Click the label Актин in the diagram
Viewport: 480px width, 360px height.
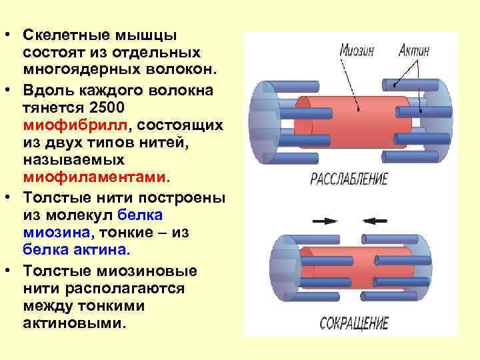(415, 51)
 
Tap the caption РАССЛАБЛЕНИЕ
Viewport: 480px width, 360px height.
(349, 179)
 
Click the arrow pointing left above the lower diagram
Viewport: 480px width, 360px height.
(374, 220)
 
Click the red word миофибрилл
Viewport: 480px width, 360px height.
(79, 125)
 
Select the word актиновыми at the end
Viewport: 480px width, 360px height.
(73, 323)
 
